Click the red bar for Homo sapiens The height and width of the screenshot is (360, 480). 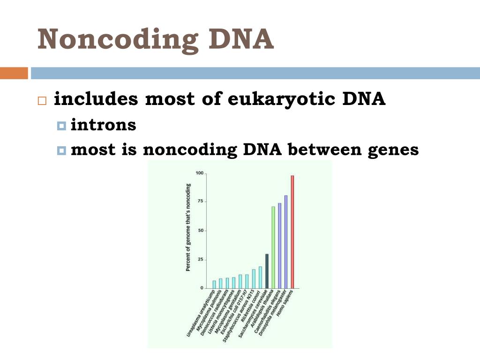click(x=292, y=232)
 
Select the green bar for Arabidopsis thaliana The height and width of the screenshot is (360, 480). click(x=273, y=247)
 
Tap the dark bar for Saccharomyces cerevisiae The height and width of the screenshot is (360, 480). click(x=267, y=271)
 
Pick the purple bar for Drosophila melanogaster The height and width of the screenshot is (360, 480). click(x=286, y=241)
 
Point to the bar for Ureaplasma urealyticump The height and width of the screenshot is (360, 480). click(x=214, y=284)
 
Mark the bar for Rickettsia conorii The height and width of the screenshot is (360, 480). click(x=260, y=277)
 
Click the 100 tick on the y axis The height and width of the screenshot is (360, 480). click(x=200, y=174)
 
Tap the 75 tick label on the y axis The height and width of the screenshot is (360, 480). click(x=201, y=201)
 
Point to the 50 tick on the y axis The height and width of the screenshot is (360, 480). click(x=201, y=231)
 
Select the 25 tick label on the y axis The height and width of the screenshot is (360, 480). click(x=201, y=259)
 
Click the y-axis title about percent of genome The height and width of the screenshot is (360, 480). click(x=188, y=227)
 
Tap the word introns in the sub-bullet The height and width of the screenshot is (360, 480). click(x=103, y=125)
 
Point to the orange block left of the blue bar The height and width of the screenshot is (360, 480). click(x=14, y=73)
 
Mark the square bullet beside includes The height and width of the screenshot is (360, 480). click(x=42, y=100)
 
